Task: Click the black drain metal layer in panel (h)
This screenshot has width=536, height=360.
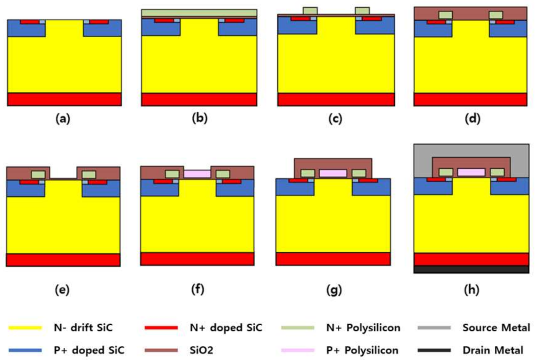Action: tap(471, 270)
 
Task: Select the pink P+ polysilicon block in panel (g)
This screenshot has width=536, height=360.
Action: tap(333, 173)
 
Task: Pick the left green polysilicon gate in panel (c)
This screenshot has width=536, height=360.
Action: tap(310, 10)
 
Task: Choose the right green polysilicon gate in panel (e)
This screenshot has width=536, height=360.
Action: tap(89, 175)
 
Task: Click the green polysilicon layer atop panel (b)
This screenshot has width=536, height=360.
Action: tap(199, 13)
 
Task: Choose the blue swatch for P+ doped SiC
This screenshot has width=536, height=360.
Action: tap(25, 350)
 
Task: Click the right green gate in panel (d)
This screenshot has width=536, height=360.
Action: tap(496, 15)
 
